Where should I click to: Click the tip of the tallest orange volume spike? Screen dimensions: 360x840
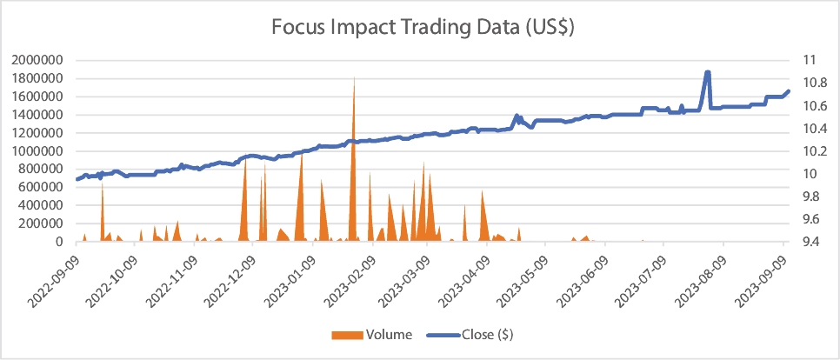(354, 78)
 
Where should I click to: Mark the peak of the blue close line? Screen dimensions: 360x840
(708, 72)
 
